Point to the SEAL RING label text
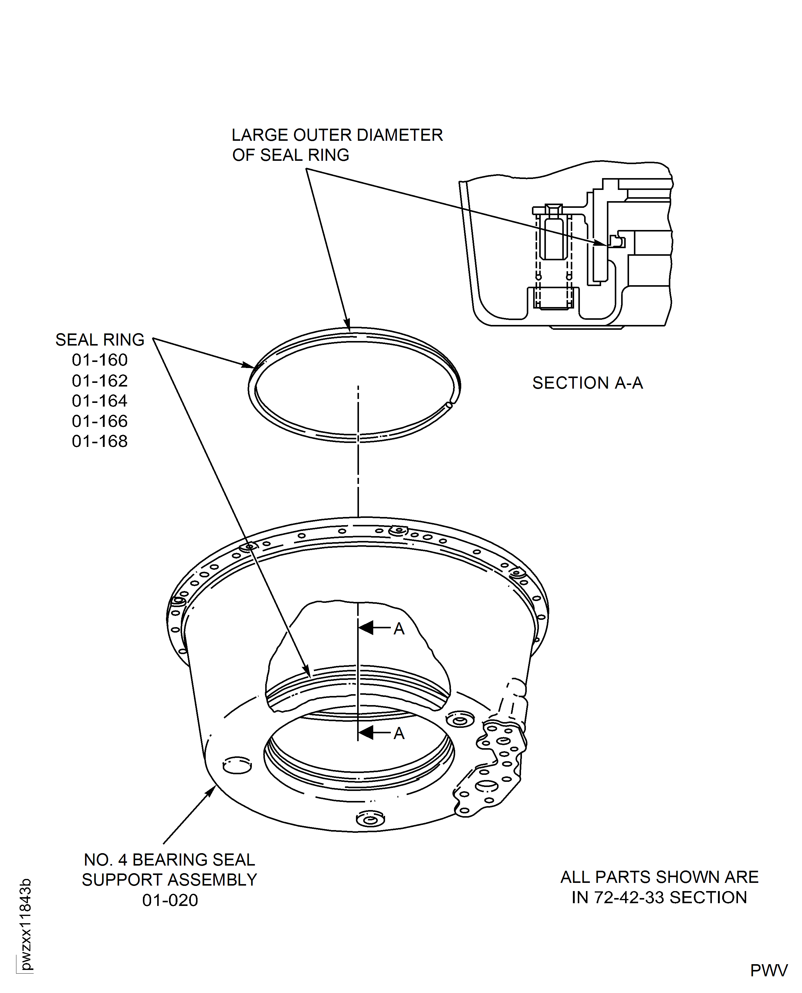[100, 339]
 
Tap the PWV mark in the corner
[769, 970]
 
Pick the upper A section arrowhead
[366, 628]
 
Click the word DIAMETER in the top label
[400, 135]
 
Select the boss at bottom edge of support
[370, 819]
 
